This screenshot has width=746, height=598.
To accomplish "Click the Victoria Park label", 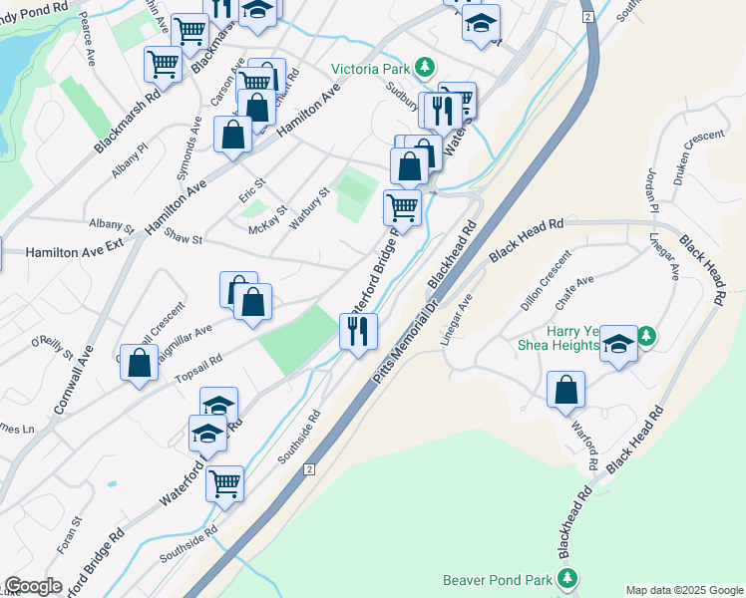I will tap(373, 71).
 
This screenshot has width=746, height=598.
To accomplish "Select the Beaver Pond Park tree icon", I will tap(567, 578).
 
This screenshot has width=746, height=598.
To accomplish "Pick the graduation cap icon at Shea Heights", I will tap(619, 344).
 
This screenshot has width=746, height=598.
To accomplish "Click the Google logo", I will tap(33, 586).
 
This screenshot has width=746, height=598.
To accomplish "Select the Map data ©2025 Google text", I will tap(683, 590).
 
